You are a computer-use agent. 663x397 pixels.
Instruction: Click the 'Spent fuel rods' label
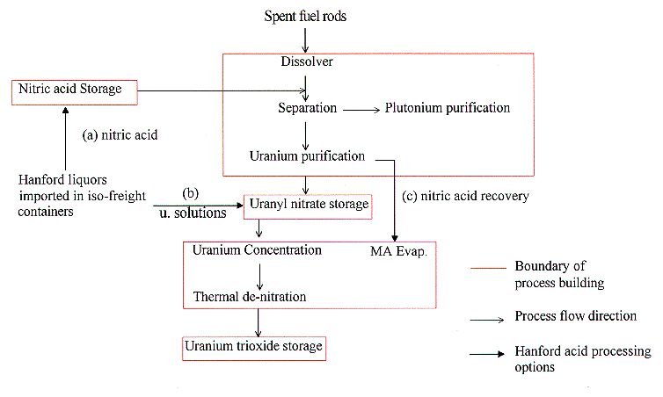[304, 18]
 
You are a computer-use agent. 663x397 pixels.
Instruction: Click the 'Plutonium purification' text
[447, 108]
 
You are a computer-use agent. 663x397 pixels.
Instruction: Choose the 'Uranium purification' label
[306, 156]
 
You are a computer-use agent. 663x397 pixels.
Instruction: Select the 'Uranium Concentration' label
[257, 250]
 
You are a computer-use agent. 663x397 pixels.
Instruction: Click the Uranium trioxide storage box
[254, 346]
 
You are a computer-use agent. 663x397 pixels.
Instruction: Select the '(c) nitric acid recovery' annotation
[465, 196]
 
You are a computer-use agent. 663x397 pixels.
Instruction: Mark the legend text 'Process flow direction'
[576, 315]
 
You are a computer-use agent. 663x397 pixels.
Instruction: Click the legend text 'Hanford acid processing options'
[581, 359]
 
